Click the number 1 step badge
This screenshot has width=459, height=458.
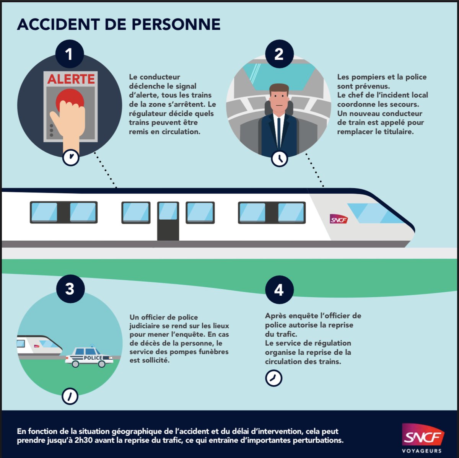tap(69, 54)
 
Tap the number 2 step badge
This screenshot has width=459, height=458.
tap(279, 54)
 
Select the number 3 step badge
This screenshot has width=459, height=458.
tap(70, 288)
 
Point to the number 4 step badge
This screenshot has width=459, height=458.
tap(279, 290)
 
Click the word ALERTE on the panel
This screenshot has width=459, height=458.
tap(71, 79)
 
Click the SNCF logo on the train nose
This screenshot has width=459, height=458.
tap(339, 219)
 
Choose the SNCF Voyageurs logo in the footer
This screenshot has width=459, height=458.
tap(422, 438)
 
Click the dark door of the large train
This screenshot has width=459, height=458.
tap(168, 221)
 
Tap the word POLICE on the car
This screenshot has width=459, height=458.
tap(93, 358)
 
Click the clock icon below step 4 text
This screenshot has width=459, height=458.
tap(273, 378)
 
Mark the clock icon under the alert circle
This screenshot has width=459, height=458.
tap(71, 157)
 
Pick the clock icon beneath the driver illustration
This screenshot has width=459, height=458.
tap(279, 158)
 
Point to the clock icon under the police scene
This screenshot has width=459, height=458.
tap(70, 396)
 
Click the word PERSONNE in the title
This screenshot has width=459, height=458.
tap(176, 24)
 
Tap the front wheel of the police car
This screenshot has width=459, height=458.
tap(102, 364)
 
